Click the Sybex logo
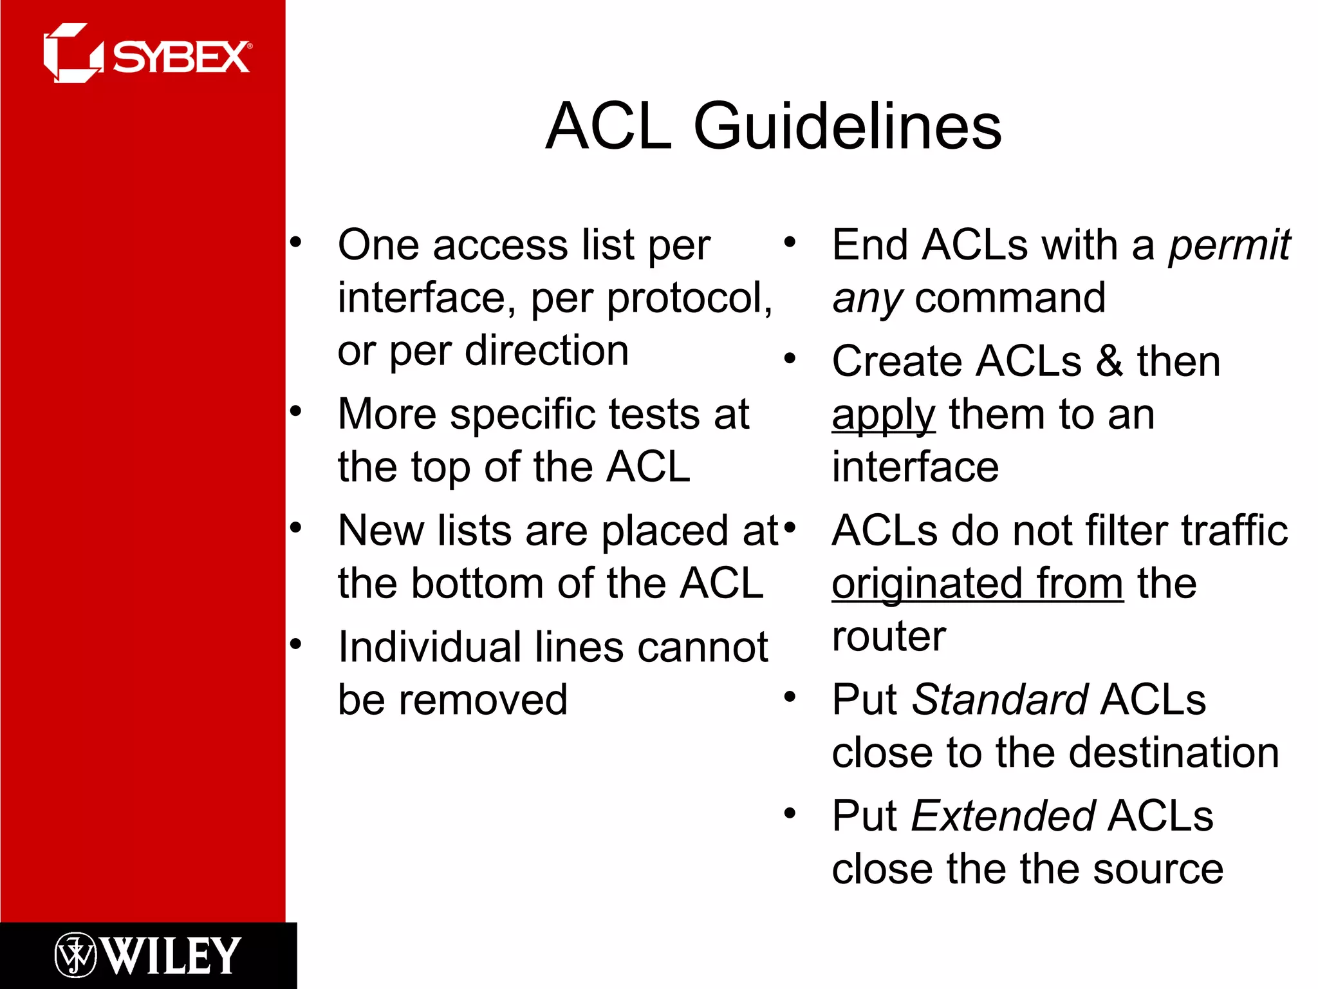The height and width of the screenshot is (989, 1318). (148, 54)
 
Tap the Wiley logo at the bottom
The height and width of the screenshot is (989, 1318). (148, 956)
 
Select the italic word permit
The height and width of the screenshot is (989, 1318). (1229, 246)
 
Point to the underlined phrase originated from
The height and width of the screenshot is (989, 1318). (977, 585)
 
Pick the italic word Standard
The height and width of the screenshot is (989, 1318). (999, 701)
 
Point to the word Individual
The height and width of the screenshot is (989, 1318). (429, 648)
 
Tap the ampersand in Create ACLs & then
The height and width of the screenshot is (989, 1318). (1109, 362)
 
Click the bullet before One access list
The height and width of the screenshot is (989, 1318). (295, 243)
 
